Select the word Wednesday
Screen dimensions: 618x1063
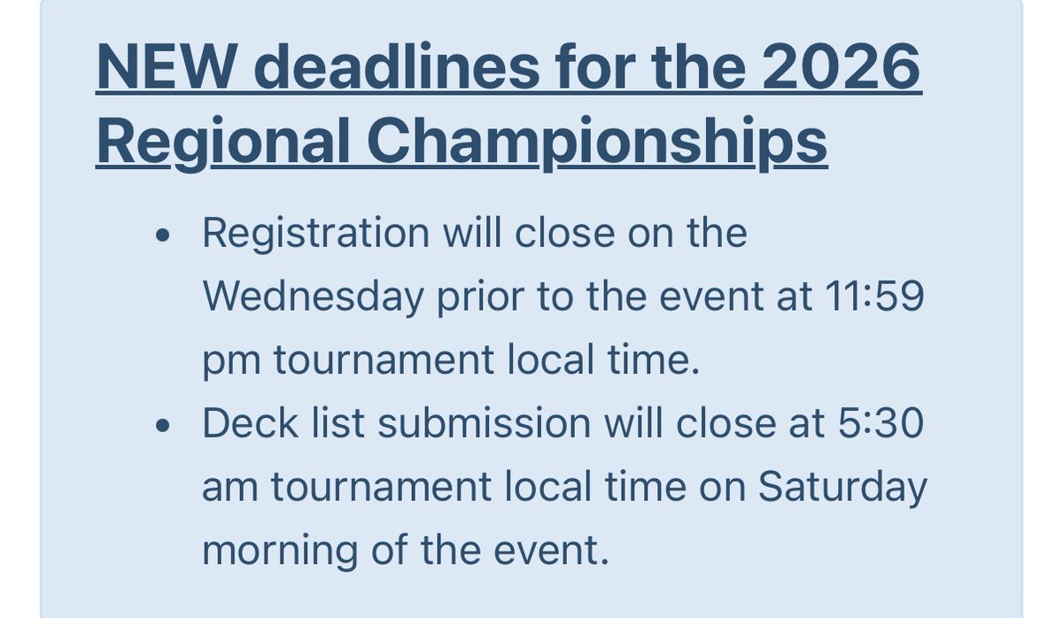click(313, 298)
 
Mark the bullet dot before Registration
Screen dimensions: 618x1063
click(162, 237)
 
